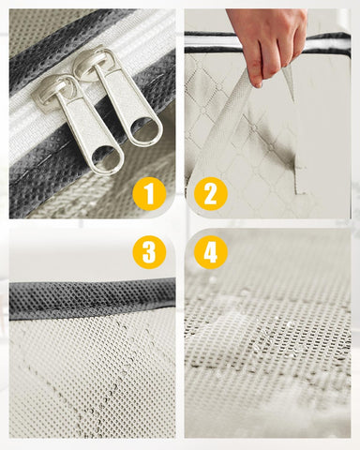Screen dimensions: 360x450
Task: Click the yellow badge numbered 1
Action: [x=149, y=193]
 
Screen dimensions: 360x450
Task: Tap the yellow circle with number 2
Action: [x=210, y=193]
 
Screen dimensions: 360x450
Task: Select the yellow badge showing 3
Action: [x=149, y=252]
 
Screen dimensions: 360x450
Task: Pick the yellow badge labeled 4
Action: [x=210, y=252]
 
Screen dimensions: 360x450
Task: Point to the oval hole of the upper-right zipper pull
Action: [x=145, y=128]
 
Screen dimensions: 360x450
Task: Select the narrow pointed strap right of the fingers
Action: [x=290, y=82]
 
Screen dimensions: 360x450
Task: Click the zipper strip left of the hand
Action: [x=215, y=43]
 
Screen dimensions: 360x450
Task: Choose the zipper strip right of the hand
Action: [x=328, y=44]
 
